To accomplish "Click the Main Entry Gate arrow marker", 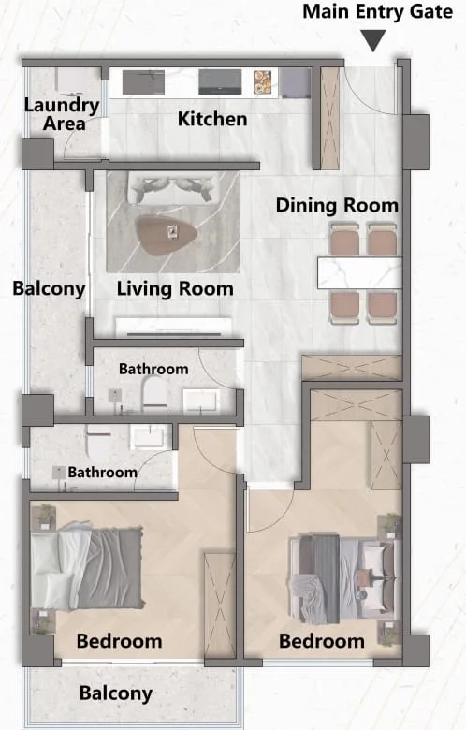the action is coord(373,40).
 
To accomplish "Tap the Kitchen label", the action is coord(212,119).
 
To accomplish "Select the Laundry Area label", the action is coord(62,114).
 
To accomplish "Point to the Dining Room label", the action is coord(337,205).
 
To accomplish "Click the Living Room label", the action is coord(175,288).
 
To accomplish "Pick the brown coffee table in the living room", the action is coord(166,235).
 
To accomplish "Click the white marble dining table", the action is coord(359,273).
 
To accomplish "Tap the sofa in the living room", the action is coord(173,188).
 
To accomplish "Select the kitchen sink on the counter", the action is coord(143,82).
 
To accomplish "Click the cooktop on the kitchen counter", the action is coord(220,82).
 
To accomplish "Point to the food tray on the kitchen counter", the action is coord(262,82).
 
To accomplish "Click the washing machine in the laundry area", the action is coord(71,81).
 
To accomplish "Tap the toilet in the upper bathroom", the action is coord(154,394).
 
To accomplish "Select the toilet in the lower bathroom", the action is coord(98,443).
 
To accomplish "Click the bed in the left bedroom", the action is coord(87,568).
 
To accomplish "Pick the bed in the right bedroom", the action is coord(343,578).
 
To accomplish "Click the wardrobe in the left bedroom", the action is coord(219,606).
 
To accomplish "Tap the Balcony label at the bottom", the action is coord(116,693).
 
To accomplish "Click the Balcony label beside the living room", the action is coord(49,288).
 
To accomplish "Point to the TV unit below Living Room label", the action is coord(174,327).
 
